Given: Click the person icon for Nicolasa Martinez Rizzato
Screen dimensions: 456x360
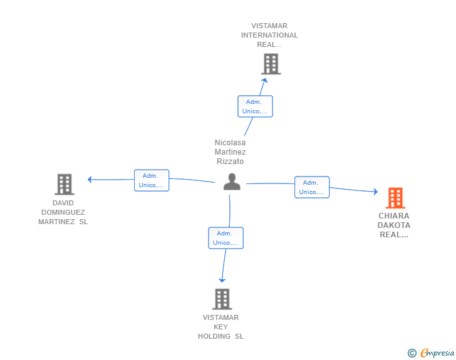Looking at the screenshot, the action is point(232,182).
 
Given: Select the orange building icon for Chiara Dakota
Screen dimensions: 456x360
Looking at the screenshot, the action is point(395,198).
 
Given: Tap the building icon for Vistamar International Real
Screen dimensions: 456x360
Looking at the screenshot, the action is point(271,64).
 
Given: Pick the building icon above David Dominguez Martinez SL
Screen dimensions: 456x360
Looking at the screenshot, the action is point(65,184).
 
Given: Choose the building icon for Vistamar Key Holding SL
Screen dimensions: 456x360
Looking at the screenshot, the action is point(222,299).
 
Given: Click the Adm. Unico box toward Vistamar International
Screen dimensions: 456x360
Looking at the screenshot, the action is point(255,106).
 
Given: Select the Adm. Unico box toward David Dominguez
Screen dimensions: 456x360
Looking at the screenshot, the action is point(152,180).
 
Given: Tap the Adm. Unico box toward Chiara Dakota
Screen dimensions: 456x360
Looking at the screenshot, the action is point(312,187).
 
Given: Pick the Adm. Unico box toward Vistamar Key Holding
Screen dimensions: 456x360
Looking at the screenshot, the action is point(225,238).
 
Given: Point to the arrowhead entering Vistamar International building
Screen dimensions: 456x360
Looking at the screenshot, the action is point(264,80).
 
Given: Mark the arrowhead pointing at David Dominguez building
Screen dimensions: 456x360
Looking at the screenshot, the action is point(90,180).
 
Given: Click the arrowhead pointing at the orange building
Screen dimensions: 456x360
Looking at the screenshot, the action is point(376,192).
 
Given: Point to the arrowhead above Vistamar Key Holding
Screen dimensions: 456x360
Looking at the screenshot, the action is point(222,280).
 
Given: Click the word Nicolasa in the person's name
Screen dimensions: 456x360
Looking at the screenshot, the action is point(230,143).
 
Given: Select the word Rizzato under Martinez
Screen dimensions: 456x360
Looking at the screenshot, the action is point(230,162).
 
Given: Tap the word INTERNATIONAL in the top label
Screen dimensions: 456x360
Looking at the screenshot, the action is point(269,35).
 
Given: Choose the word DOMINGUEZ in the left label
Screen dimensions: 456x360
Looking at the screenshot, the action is point(63,212).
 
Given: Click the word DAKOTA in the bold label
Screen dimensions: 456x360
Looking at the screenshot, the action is point(394,225).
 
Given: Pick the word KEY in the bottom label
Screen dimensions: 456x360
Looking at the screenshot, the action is point(220,327).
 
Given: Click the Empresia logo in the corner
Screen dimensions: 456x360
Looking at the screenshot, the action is point(431,352).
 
